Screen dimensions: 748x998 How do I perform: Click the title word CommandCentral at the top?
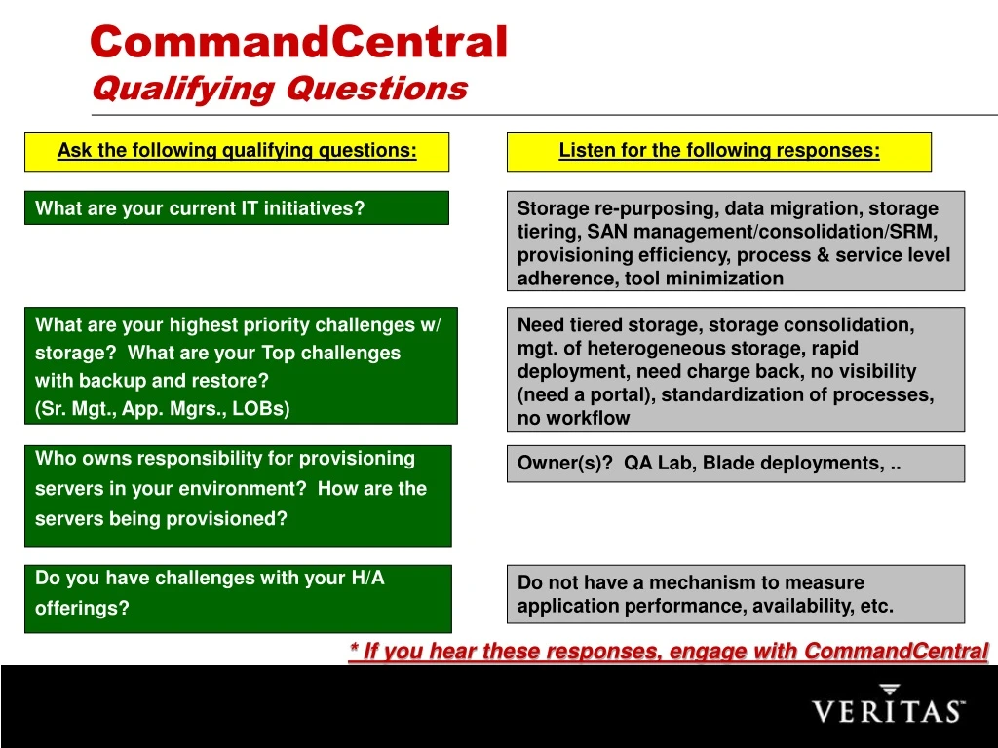coord(298,43)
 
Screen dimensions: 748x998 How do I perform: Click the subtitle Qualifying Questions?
coord(279,89)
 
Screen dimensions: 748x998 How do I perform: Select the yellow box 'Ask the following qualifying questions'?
coord(237,152)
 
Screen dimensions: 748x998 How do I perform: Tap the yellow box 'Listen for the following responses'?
coord(719,152)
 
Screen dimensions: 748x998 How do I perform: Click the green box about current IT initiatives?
coord(237,208)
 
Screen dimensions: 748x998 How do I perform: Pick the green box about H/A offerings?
coord(238,598)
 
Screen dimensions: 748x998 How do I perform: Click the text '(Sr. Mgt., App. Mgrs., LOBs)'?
coord(163,409)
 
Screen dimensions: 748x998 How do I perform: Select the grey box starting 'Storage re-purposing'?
coord(736,242)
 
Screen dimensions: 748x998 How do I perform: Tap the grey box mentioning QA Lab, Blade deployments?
coord(736,464)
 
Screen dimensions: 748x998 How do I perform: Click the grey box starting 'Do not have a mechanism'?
coord(736,594)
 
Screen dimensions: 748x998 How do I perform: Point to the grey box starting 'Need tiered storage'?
coord(736,370)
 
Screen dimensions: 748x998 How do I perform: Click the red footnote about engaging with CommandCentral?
coord(669,651)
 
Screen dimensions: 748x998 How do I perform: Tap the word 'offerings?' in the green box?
coord(82,609)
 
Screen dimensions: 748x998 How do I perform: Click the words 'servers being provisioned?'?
coord(161,519)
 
